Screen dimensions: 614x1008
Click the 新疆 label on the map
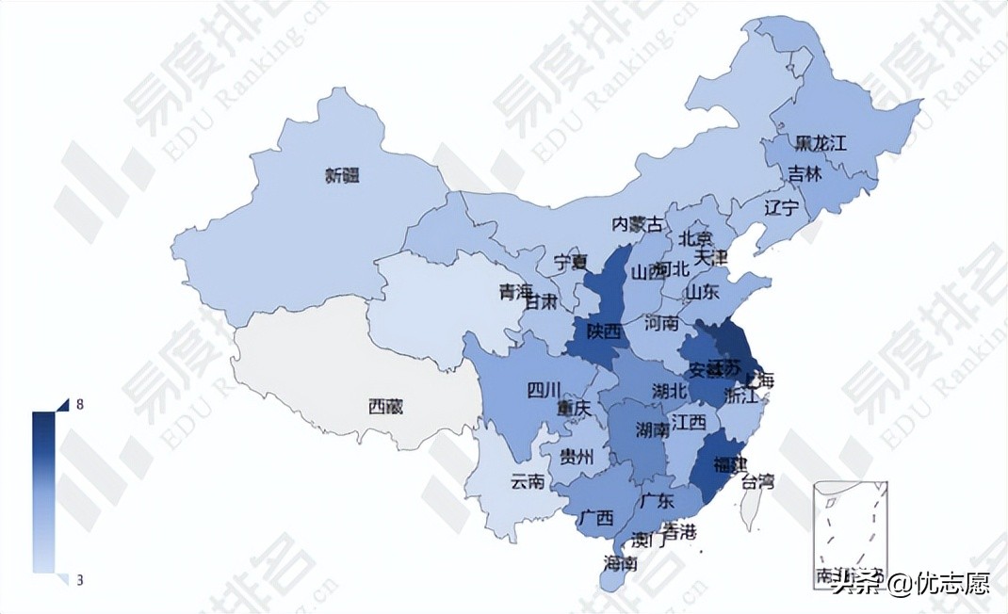click(342, 175)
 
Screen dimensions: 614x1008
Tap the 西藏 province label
click(385, 408)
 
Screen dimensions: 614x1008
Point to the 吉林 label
click(805, 174)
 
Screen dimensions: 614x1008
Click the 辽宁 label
click(781, 207)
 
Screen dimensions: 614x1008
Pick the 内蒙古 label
click(638, 224)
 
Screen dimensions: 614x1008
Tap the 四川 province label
click(544, 389)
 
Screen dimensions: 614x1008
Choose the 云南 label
click(527, 481)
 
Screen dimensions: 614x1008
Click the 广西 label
click(596, 518)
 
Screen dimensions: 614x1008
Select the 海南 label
click(620, 564)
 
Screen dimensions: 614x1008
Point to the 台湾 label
click(757, 483)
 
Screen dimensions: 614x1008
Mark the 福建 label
click(731, 464)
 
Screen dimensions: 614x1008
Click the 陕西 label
click(603, 331)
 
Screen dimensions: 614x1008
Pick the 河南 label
click(661, 323)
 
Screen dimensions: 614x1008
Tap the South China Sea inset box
click(851, 534)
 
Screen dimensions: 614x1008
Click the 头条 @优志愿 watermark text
click(910, 584)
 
